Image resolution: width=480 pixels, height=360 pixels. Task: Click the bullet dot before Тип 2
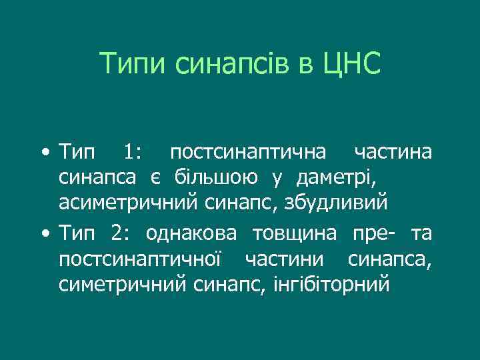[43, 235]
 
